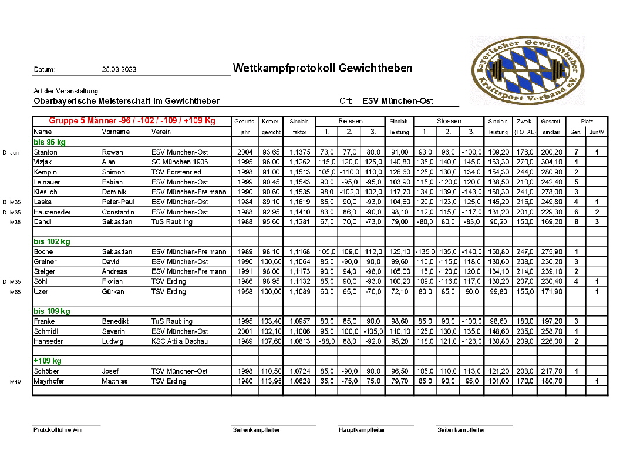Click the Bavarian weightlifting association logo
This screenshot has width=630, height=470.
tap(527, 71)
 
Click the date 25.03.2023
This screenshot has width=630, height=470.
tap(119, 69)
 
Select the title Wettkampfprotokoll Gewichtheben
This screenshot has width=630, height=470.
tap(322, 68)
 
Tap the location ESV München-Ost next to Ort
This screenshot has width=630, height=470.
tap(397, 101)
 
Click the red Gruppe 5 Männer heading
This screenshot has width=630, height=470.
tap(132, 121)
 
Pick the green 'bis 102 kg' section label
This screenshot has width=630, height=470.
tap(52, 241)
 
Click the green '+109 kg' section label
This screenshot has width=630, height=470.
tap(48, 361)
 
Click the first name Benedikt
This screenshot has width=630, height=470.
tap(116, 321)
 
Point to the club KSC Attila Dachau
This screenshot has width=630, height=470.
tap(180, 341)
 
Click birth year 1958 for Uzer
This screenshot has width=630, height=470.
tap(245, 291)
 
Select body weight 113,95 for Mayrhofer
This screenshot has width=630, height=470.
tap(271, 381)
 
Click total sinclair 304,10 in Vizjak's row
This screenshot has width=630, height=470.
tap(551, 162)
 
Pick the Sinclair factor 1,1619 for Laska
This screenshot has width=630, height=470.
tap(299, 202)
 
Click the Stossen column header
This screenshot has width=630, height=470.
tap(449, 121)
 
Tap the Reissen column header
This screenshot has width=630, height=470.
tap(350, 121)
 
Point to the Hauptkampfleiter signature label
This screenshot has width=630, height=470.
tap(362, 430)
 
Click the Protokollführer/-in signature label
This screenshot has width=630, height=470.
tap(58, 430)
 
